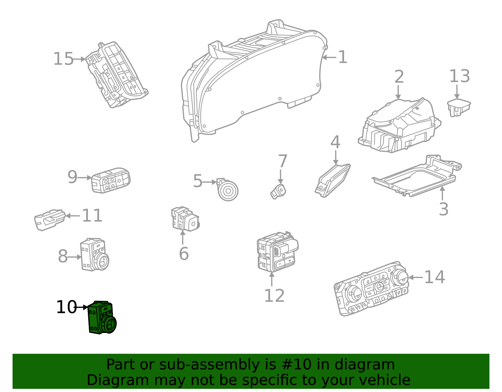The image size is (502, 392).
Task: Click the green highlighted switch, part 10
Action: pyautogui.click(x=101, y=318)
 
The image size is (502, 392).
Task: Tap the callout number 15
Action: pyautogui.click(x=63, y=59)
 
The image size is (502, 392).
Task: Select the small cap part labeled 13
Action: pyautogui.click(x=458, y=107)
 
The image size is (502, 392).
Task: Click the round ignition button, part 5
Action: pyautogui.click(x=228, y=191)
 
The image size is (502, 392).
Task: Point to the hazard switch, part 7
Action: pyautogui.click(x=279, y=191)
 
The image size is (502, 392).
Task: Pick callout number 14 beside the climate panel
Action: pyautogui.click(x=434, y=277)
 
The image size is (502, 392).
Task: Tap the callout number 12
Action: pyautogui.click(x=274, y=296)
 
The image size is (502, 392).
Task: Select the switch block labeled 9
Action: pyautogui.click(x=111, y=180)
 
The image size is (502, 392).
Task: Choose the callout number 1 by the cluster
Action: pyautogui.click(x=343, y=57)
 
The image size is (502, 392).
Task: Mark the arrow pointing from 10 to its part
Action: pyautogui.click(x=82, y=307)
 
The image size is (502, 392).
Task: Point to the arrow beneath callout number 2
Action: pyautogui.click(x=398, y=92)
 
